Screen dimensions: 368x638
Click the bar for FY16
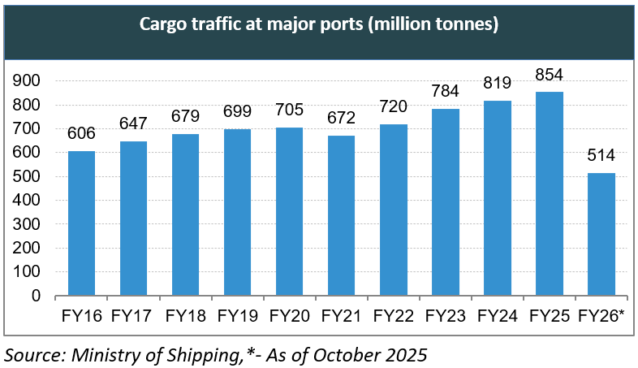pos(81,223)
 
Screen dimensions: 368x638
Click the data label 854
pos(550,76)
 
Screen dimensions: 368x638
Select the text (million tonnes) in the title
pos(431,25)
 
